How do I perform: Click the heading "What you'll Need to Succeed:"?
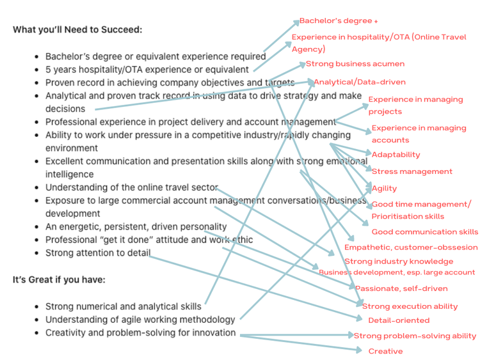click(77, 30)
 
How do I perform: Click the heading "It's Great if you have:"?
click(59, 279)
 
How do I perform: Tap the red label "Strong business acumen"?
click(355, 64)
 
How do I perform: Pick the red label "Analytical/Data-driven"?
click(359, 82)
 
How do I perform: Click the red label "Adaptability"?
click(396, 155)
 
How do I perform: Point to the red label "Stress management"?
click(412, 171)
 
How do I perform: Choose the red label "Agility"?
click(384, 189)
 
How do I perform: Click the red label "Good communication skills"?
click(424, 232)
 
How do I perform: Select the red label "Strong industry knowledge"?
click(398, 262)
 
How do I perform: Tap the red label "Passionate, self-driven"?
click(401, 289)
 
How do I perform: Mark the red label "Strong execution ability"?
click(410, 307)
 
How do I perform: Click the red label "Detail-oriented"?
click(399, 320)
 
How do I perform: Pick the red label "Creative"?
click(385, 352)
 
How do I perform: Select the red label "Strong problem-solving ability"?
click(415, 336)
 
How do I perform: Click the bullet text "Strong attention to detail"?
click(97, 253)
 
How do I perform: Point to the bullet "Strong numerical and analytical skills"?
click(123, 306)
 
